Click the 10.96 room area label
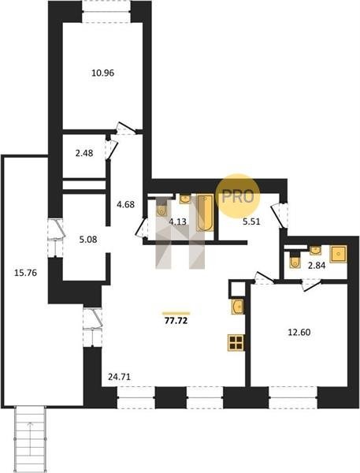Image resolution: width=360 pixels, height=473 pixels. click(x=103, y=73)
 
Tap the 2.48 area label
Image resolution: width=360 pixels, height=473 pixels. click(x=84, y=153)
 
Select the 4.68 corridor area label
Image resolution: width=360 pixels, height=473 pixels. click(x=125, y=204)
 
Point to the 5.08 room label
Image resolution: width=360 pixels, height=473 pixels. click(x=87, y=240)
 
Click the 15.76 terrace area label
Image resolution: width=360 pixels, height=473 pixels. click(x=26, y=273)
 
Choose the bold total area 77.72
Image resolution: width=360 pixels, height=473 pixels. click(x=176, y=320)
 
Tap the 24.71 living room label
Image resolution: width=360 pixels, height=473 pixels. click(x=120, y=377)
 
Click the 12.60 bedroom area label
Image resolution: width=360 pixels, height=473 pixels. click(x=299, y=333)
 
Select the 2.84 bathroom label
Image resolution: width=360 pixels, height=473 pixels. click(x=317, y=266)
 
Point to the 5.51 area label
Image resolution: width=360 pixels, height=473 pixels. click(x=251, y=222)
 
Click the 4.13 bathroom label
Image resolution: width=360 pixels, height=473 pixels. click(x=177, y=222)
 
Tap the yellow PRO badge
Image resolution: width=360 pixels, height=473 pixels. click(x=238, y=196)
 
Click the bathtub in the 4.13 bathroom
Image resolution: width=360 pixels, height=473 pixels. click(x=205, y=213)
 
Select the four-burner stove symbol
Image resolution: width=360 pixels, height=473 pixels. click(x=236, y=343)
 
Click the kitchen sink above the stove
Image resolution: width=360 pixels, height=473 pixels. click(x=238, y=307)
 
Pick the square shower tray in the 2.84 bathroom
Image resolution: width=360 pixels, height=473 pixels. click(x=338, y=254)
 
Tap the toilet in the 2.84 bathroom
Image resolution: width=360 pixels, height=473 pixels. click(x=295, y=262)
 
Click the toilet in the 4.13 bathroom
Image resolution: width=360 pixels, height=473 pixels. click(x=161, y=209)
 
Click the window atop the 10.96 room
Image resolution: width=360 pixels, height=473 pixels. click(x=106, y=12)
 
